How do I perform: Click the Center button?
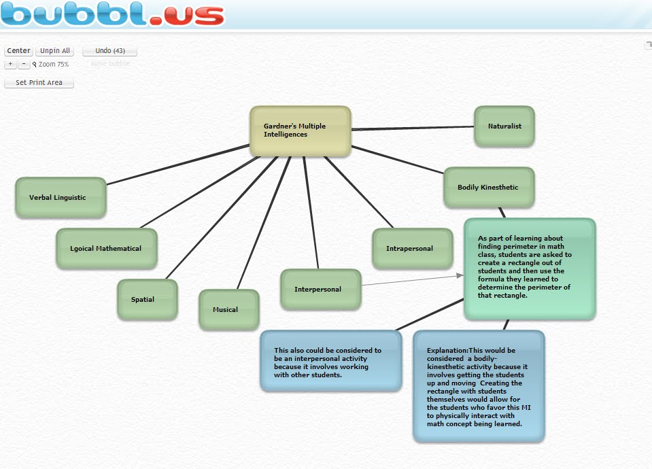pyautogui.click(x=19, y=51)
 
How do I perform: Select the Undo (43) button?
pyautogui.click(x=109, y=51)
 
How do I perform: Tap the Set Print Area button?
pyautogui.click(x=39, y=83)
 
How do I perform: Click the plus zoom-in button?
pyautogui.click(x=10, y=64)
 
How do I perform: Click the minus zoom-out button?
pyautogui.click(x=24, y=64)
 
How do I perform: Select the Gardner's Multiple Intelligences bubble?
pyautogui.click(x=300, y=131)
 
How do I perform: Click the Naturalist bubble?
pyautogui.click(x=504, y=126)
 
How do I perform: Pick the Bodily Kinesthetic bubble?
pyautogui.click(x=488, y=188)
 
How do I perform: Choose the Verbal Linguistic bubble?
pyautogui.click(x=61, y=198)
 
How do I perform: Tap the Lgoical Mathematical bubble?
pyautogui.click(x=106, y=249)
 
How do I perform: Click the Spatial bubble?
pyautogui.click(x=147, y=300)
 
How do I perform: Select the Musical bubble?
pyautogui.click(x=228, y=310)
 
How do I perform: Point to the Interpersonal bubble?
pyautogui.click(x=320, y=290)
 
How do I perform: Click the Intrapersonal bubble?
pyautogui.click(x=412, y=249)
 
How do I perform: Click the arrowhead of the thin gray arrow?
pyautogui.click(x=460, y=275)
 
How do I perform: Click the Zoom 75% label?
pyautogui.click(x=53, y=65)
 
